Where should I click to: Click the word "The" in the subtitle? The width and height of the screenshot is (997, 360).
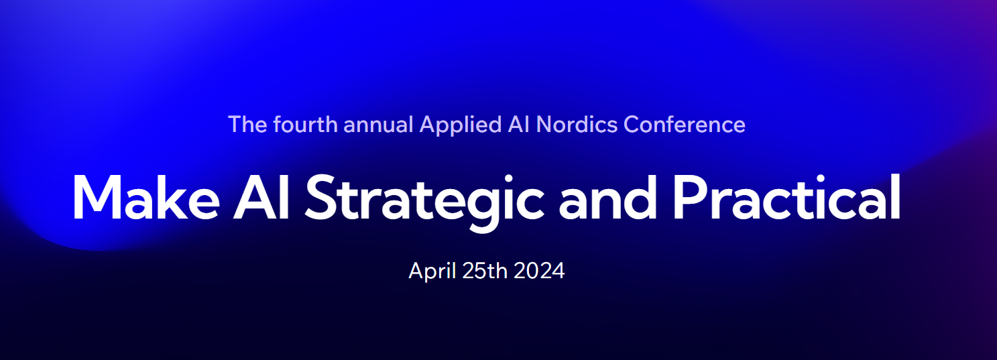coord(247,124)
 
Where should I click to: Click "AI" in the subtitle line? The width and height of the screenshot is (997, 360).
coord(519,124)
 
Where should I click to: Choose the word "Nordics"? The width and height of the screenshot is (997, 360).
coord(577,124)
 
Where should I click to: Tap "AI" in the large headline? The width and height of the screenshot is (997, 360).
coord(261,197)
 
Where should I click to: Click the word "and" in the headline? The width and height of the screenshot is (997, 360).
coord(607,197)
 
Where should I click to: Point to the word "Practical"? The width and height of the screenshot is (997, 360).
coord(786,197)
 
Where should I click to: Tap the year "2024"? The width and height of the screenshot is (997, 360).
coord(539,271)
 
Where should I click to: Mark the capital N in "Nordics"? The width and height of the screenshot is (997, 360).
coord(544,124)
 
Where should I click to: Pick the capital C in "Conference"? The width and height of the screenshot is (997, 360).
coord(632,124)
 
